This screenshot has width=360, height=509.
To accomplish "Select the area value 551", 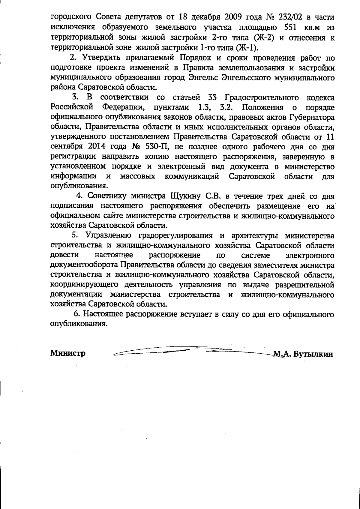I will pos(290,28).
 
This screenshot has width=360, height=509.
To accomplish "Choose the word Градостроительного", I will pos(262,97).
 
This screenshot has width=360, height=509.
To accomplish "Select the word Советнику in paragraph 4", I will pos(106,196).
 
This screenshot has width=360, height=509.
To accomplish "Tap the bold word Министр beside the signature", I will pos(68,353).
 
